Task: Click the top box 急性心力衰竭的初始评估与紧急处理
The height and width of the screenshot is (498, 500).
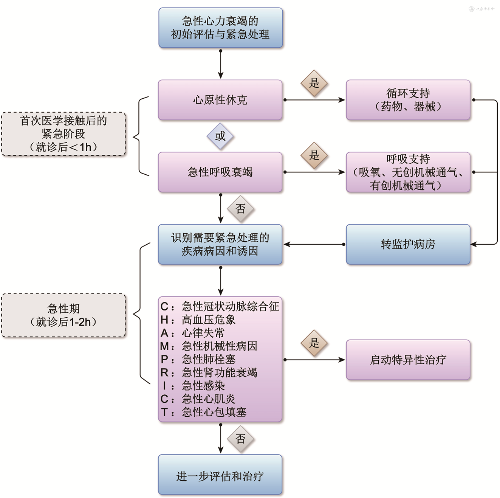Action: coord(220,28)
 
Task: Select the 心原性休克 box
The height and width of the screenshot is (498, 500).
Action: coord(220,100)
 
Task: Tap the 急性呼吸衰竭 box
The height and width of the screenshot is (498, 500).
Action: coord(220,172)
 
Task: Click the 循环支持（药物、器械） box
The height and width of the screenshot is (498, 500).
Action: coord(408,100)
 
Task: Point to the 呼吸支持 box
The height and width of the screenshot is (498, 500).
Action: coord(408,172)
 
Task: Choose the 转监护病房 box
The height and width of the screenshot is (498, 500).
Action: coord(408,244)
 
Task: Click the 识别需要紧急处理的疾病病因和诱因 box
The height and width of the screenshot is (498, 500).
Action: coord(220,244)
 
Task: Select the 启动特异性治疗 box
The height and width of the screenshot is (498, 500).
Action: coord(408,360)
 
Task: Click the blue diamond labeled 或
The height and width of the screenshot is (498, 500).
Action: coord(220,136)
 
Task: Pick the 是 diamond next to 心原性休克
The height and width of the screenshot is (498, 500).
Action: coord(314,83)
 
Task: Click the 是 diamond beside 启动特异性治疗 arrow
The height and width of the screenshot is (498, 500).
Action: coord(314,343)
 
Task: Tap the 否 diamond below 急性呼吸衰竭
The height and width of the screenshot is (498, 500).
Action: coord(240,209)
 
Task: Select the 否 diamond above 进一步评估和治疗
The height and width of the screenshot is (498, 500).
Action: coord(240,439)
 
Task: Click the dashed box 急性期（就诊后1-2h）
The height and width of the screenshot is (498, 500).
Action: coord(63,315)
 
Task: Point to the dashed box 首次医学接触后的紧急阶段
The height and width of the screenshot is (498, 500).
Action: coord(63,134)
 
